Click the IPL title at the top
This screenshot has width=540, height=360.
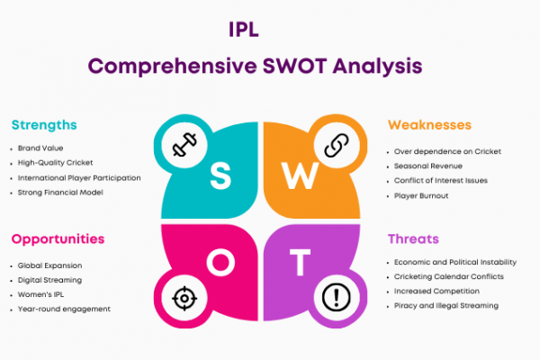click(244, 30)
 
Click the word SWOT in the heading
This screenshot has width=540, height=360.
click(294, 66)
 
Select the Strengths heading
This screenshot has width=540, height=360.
click(44, 125)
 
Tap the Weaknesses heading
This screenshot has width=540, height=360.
click(429, 125)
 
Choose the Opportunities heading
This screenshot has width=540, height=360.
click(58, 239)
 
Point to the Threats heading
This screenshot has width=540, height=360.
click(413, 238)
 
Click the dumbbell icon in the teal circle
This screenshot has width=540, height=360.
click(184, 145)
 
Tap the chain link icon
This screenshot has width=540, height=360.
click(337, 145)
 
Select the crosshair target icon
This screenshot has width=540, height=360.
click(184, 298)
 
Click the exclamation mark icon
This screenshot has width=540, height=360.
click(337, 297)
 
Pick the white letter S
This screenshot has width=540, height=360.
click(220, 176)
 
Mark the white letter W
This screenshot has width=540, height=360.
click(300, 175)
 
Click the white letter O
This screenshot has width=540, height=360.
click(220, 262)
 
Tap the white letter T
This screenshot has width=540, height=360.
click(300, 262)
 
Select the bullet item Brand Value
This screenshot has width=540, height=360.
click(40, 148)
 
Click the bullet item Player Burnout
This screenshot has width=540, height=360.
click(421, 195)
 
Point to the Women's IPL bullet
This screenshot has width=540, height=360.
click(40, 294)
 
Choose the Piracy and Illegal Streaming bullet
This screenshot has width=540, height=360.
click(446, 306)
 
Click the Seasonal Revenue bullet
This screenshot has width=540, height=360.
click(428, 166)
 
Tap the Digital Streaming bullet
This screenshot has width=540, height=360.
click(49, 280)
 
